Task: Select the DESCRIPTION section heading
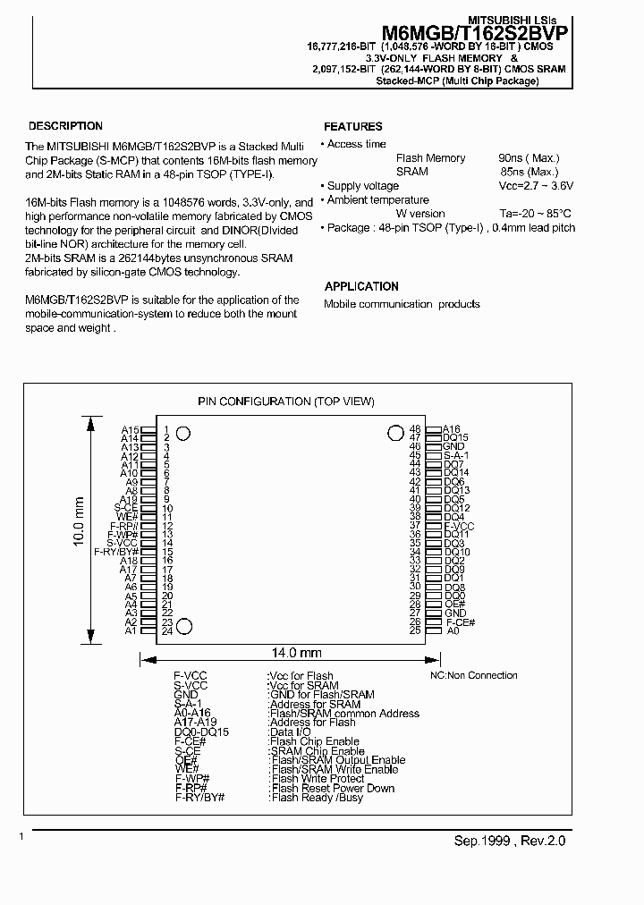[65, 126]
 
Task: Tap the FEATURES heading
[352, 127]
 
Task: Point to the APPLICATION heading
[361, 286]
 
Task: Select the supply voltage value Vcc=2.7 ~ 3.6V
[535, 186]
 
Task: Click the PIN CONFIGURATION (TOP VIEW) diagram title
[285, 402]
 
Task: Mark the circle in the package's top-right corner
[395, 433]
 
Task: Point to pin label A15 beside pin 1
[131, 430]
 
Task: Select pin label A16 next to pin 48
[452, 429]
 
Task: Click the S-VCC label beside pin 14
[123, 543]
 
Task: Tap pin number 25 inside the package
[415, 631]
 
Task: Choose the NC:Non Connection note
[473, 675]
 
